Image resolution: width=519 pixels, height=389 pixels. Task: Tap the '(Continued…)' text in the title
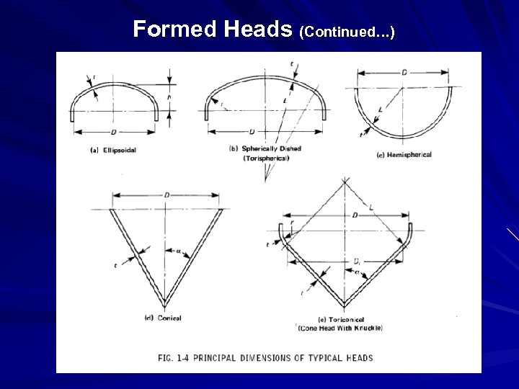pyautogui.click(x=347, y=31)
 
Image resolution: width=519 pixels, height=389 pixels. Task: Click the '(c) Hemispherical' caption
pyautogui.click(x=404, y=154)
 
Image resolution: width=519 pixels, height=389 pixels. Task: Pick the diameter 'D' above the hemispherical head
pyautogui.click(x=404, y=73)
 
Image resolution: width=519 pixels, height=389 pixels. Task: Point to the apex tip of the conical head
pyautogui.click(x=166, y=303)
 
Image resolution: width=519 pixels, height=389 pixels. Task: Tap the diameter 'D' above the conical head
pyautogui.click(x=167, y=195)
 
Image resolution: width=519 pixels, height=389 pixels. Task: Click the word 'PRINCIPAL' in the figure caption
pyautogui.click(x=244, y=357)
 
